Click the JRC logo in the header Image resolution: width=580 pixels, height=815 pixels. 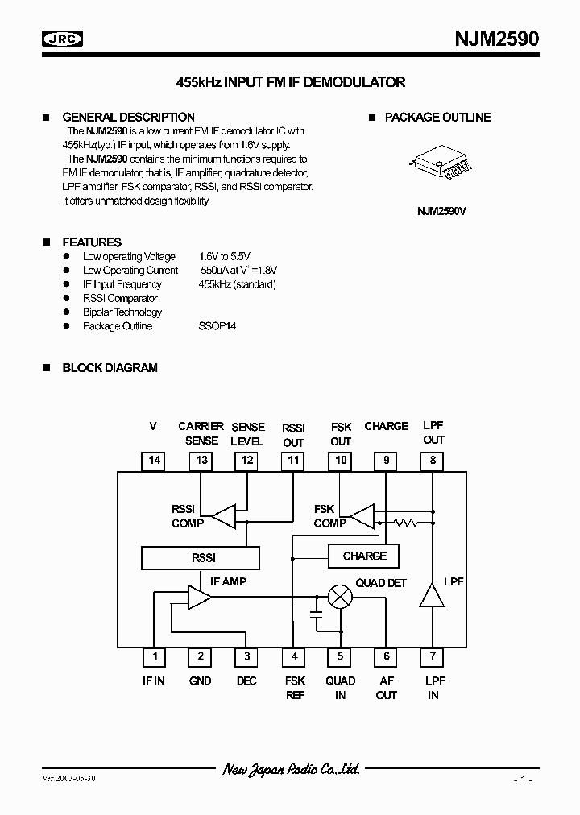tap(63, 38)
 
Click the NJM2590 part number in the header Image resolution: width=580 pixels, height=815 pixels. tap(498, 39)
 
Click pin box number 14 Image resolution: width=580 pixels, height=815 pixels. tap(155, 461)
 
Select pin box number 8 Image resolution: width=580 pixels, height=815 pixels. tap(433, 461)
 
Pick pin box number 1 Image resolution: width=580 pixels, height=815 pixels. tap(154, 656)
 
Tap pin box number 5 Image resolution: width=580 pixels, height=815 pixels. tap(341, 656)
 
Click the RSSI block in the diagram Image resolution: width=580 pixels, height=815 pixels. tap(201, 557)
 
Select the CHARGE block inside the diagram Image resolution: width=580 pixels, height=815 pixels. tap(364, 556)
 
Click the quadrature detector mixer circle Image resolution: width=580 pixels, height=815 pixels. tap(342, 597)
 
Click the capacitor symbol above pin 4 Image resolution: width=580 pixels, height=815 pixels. tap(317, 615)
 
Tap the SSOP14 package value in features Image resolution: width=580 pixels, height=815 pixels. tap(217, 326)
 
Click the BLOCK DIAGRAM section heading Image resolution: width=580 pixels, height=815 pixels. tap(110, 368)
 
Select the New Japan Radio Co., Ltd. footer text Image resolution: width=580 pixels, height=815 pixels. tap(291, 770)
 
